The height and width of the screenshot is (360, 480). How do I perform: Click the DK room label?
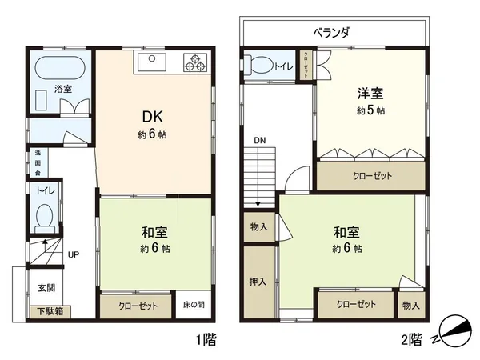point(152,114)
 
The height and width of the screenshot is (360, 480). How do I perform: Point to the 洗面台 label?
point(37,162)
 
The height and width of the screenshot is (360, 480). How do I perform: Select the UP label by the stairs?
point(73,254)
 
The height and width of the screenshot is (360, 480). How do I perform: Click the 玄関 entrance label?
point(46,287)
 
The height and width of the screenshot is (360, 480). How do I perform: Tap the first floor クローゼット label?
point(138,306)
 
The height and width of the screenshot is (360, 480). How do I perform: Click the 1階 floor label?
point(206,338)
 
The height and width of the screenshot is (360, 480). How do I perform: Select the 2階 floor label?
point(410,338)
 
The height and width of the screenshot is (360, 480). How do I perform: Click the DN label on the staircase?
point(260,140)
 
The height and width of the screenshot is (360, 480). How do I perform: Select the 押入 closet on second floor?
point(258,282)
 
